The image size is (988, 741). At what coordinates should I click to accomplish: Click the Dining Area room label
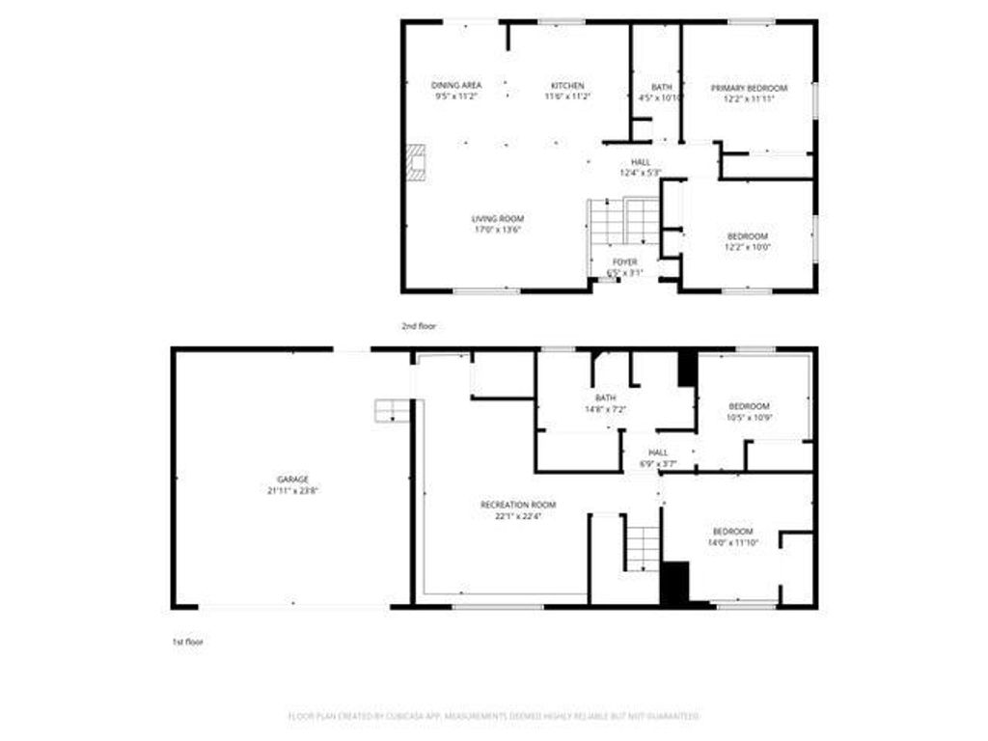(x=456, y=86)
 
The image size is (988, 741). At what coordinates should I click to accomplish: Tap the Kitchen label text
(x=567, y=86)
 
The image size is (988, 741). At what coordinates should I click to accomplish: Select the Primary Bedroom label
(x=749, y=88)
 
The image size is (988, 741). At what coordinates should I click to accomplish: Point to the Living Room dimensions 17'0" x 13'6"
(x=498, y=230)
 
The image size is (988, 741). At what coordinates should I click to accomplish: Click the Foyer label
(x=624, y=261)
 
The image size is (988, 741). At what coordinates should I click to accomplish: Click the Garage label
(x=292, y=480)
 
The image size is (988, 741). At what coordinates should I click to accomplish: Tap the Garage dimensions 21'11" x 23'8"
(x=292, y=490)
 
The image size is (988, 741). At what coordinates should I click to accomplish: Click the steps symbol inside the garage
(x=392, y=410)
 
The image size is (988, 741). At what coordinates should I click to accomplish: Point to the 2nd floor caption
(x=419, y=326)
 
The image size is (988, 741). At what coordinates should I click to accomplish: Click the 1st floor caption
(x=189, y=641)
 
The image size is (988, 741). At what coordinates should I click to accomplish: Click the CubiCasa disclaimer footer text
(x=494, y=716)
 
